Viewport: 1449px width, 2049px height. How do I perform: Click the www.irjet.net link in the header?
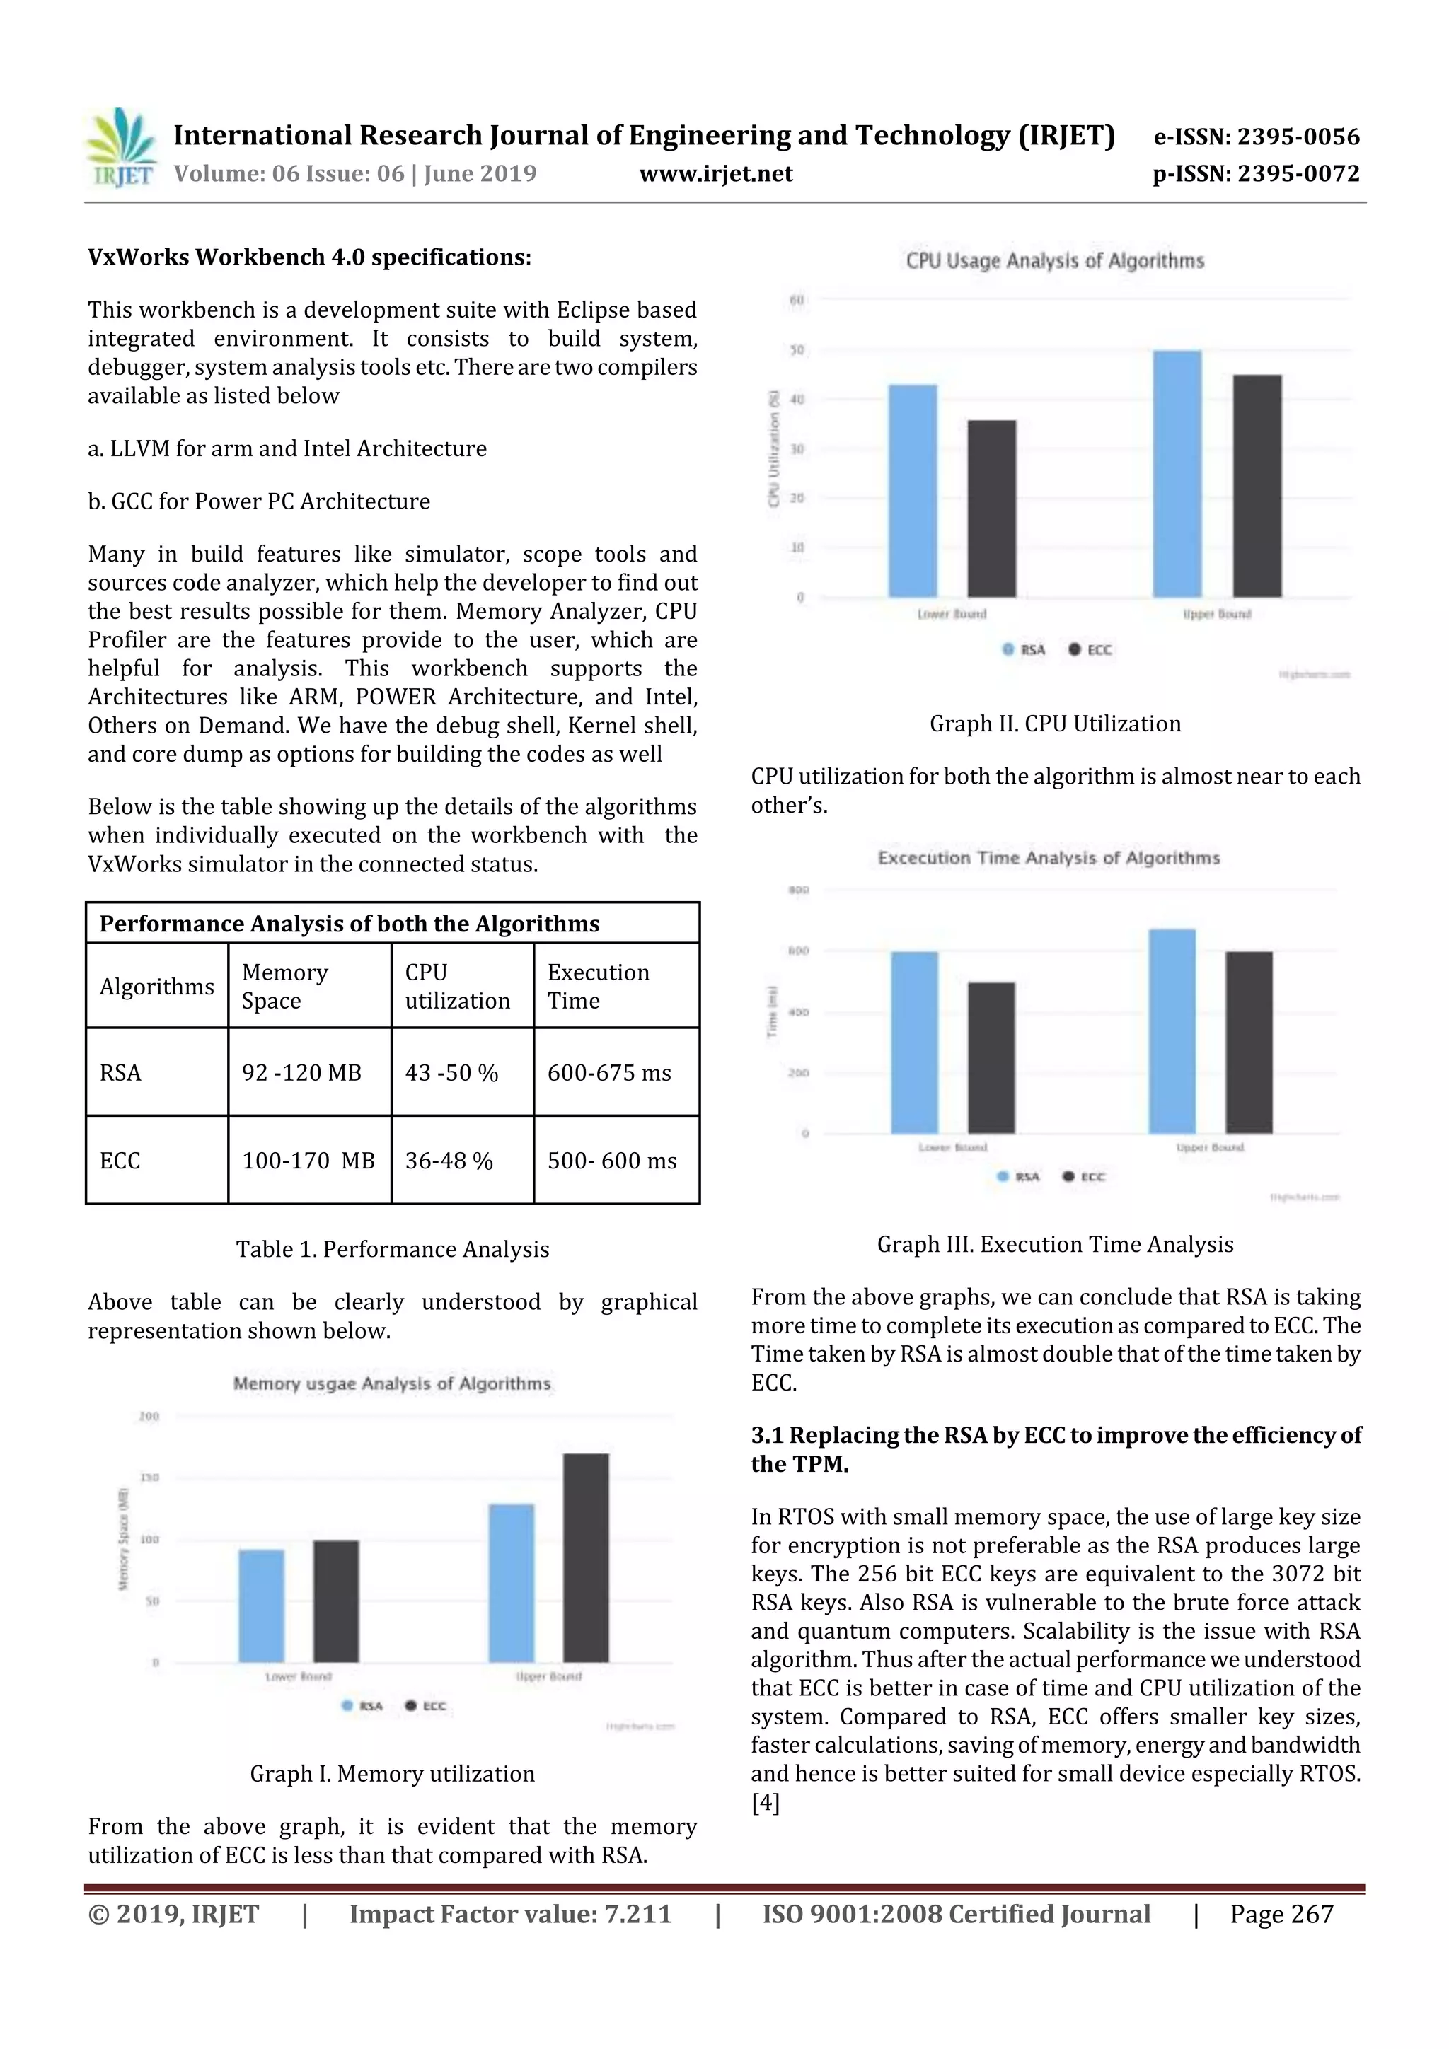(x=715, y=174)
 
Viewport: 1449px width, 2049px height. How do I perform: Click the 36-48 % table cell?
(x=449, y=1161)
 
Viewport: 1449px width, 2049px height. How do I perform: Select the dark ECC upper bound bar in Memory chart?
(x=586, y=1557)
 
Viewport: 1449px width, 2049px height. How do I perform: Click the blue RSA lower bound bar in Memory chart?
(x=262, y=1606)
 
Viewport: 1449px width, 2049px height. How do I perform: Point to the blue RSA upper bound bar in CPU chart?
(x=1177, y=473)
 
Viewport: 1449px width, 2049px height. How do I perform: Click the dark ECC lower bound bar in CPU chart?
(x=991, y=509)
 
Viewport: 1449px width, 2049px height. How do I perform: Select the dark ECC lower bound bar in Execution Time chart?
(x=991, y=1057)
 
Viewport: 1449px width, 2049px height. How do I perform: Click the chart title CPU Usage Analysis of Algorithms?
(x=1054, y=262)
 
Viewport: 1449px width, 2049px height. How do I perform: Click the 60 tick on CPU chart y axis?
(x=797, y=301)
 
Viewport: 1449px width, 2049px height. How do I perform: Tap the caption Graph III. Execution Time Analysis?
(x=1054, y=1244)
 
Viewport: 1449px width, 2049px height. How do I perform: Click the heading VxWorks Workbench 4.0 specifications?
(x=309, y=258)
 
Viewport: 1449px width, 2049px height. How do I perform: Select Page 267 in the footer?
(x=1281, y=1914)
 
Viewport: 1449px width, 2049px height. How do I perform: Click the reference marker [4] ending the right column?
(x=765, y=1803)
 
